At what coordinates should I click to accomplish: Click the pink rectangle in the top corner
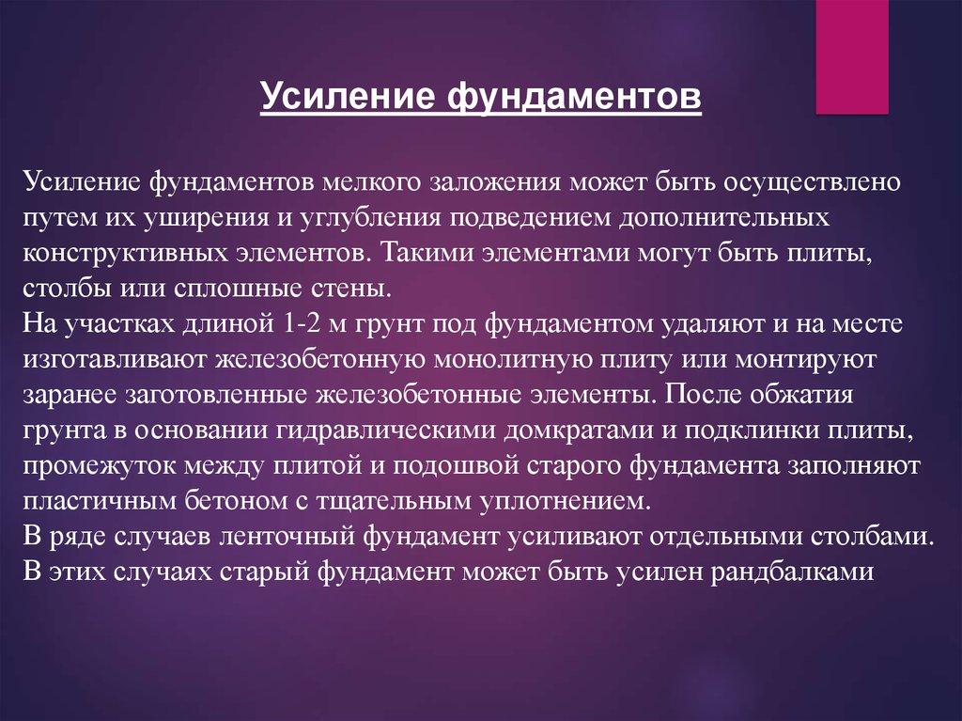pos(851,56)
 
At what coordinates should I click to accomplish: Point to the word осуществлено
pos(813,184)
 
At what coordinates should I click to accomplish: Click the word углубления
pos(370,219)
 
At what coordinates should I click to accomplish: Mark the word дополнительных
pos(724,219)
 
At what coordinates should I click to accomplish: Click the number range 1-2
pos(299,323)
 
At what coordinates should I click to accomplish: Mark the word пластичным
pos(100,501)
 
